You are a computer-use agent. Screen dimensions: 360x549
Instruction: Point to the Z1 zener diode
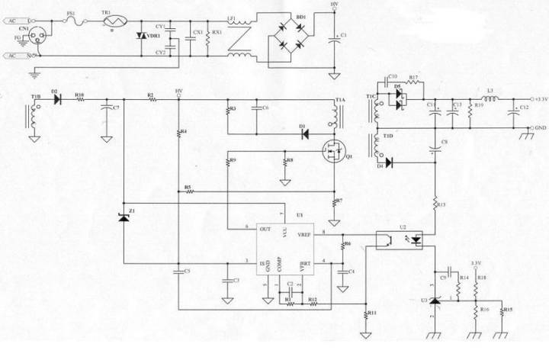[x=124, y=217]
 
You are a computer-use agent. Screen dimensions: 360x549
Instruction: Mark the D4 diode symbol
[x=390, y=162]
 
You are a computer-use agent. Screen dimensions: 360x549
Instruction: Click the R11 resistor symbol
[x=365, y=313]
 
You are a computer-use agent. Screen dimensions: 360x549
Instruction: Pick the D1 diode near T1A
[x=303, y=133]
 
